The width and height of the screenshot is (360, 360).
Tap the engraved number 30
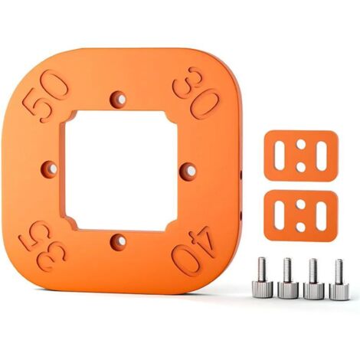coord(196,93)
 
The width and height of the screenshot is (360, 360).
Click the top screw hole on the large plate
coord(119,100)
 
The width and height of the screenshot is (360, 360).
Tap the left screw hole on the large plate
coord(51,169)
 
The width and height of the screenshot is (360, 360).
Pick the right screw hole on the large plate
coord(188,170)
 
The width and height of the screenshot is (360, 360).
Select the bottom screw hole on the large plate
coord(119,241)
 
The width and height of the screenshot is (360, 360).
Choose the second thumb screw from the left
coord(288,278)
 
